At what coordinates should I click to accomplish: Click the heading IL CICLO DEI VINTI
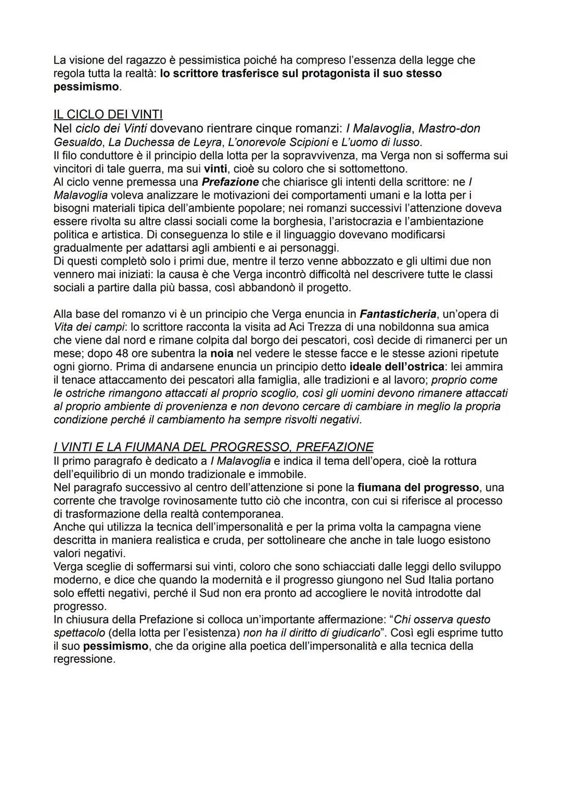tap(108, 114)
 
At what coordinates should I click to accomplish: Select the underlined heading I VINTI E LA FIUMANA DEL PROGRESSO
tap(213, 447)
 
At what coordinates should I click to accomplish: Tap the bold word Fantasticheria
tap(398, 314)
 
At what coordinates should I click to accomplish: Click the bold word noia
tap(222, 354)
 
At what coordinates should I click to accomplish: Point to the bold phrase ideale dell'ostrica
tap(394, 367)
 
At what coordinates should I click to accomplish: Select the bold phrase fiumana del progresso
tap(418, 488)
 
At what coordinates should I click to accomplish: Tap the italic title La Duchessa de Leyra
tap(165, 142)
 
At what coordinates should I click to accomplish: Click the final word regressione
tap(84, 659)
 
